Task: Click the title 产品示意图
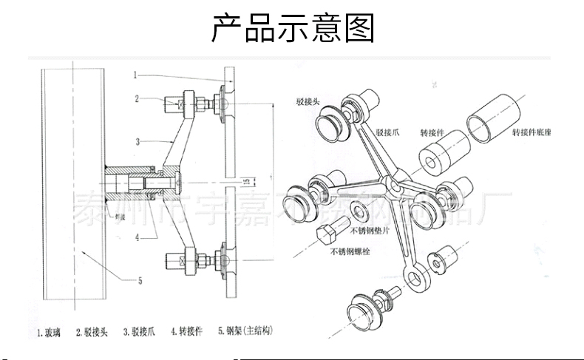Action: (x=293, y=27)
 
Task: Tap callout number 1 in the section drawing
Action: (x=137, y=74)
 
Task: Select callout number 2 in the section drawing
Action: (x=137, y=98)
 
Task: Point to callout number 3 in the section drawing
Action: (x=137, y=140)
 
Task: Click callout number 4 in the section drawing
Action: (x=137, y=237)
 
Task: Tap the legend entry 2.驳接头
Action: (x=92, y=332)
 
